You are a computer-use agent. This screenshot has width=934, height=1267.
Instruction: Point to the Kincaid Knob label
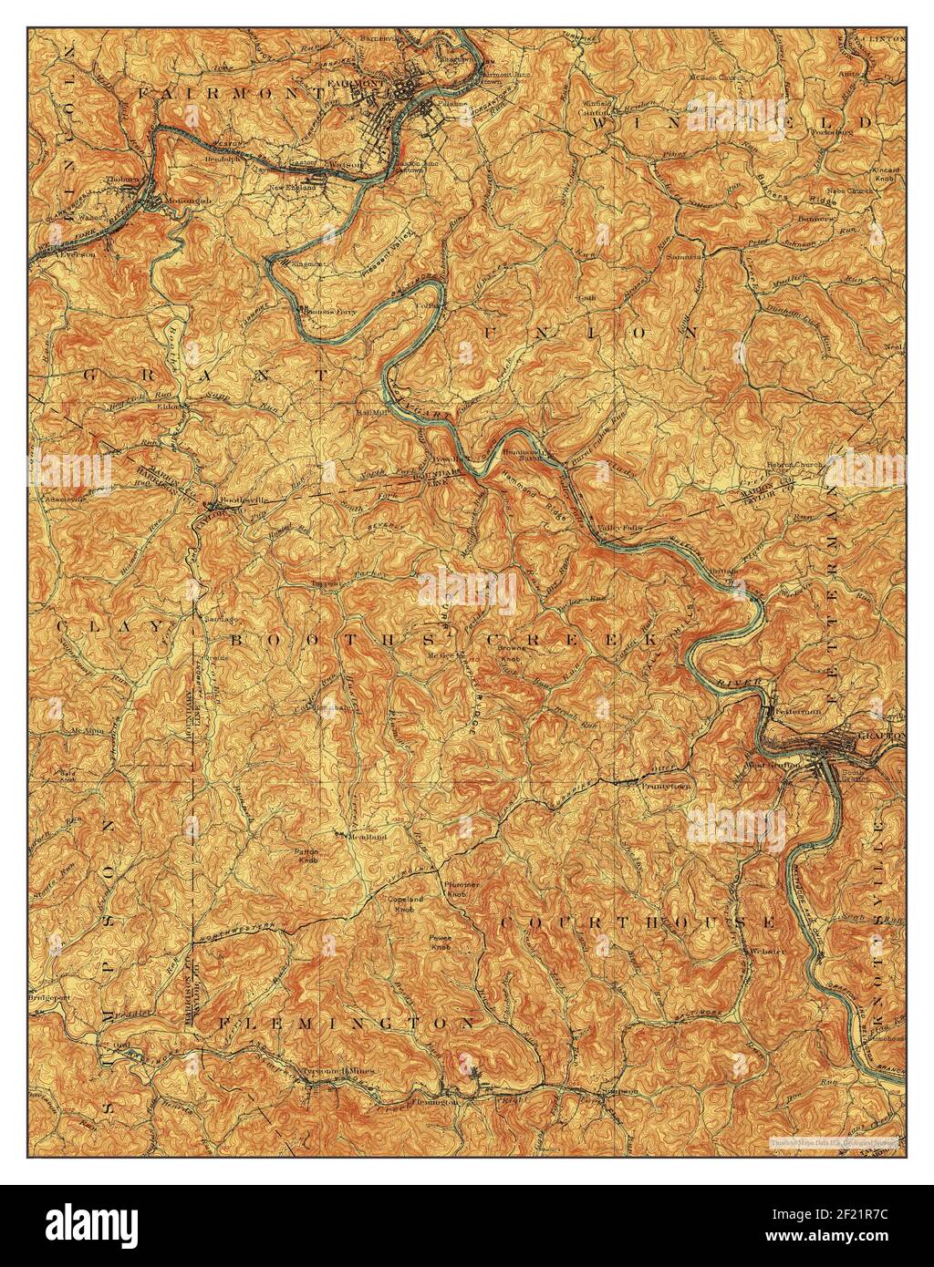pyautogui.click(x=884, y=175)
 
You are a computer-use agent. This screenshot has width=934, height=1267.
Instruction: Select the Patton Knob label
pyautogui.click(x=305, y=856)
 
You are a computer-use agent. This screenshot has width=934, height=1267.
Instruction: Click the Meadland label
pyautogui.click(x=367, y=836)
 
